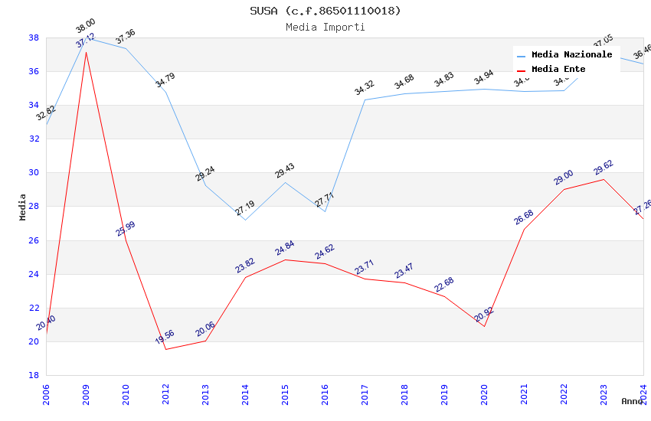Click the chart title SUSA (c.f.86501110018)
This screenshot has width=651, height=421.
tap(325, 11)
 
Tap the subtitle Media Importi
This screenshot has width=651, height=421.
tap(325, 27)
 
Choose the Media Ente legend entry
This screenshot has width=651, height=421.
tap(558, 69)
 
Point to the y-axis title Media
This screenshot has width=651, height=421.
tap(23, 207)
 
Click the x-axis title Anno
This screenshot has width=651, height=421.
tap(632, 401)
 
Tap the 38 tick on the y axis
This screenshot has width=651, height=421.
tap(34, 38)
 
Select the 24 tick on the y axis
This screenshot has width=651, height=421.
tap(34, 274)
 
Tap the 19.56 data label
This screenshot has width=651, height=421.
tap(165, 337)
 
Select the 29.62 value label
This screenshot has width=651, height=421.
tap(604, 167)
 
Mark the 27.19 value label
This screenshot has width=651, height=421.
tap(244, 207)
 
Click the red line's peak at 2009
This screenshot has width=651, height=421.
tap(86, 52)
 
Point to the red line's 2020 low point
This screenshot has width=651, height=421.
tap(484, 326)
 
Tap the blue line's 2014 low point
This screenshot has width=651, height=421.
tap(245, 220)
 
